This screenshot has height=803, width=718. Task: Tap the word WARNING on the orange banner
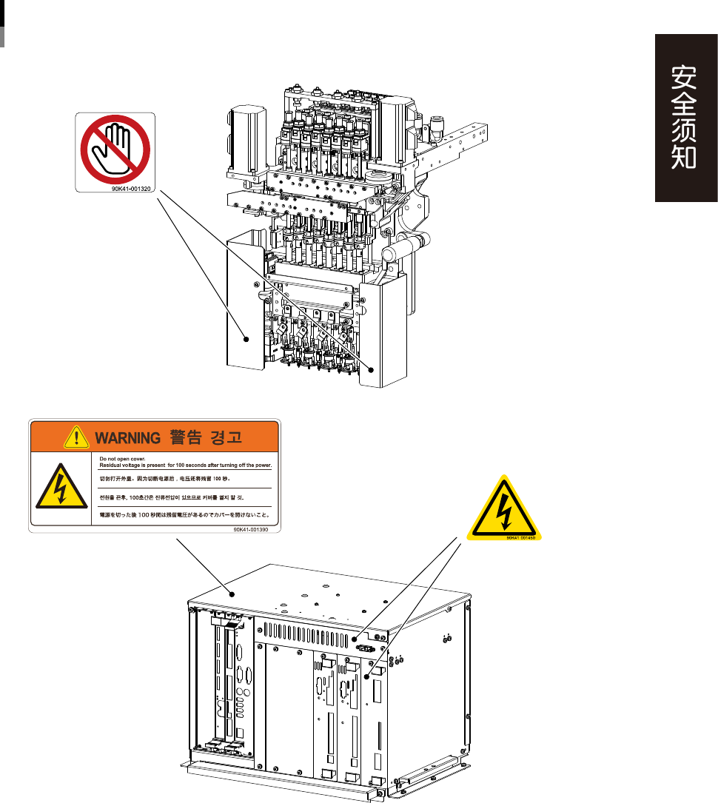127,438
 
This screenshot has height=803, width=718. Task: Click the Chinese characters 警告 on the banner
186,438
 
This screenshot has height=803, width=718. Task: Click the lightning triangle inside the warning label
60,489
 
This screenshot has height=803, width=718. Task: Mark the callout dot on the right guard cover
370,368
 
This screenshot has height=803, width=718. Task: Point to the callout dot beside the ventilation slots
355,638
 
